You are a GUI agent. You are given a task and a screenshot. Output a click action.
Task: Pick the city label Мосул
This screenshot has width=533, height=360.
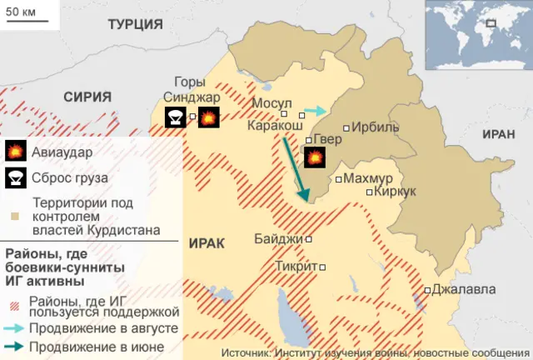click(x=271, y=103)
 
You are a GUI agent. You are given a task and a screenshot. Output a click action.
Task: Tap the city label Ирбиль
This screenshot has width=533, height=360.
click(x=376, y=127)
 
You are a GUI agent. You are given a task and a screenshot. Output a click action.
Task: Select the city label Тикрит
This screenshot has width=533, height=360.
click(x=296, y=267)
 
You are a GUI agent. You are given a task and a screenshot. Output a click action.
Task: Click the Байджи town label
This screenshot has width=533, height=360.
click(x=279, y=239)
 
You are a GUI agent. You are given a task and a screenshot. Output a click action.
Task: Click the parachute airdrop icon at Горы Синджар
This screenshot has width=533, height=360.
click(x=176, y=117)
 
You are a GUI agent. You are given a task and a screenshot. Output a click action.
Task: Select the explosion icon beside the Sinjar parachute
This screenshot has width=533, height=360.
click(x=208, y=117)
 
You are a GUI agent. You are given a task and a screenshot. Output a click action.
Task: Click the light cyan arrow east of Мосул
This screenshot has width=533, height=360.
click(x=315, y=110)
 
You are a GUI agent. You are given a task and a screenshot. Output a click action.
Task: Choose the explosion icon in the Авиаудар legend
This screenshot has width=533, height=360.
click(x=15, y=152)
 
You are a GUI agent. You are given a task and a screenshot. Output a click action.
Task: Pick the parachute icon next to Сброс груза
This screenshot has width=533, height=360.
click(x=15, y=177)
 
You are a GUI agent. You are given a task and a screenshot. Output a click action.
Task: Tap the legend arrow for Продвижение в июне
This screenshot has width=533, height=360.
click(x=15, y=343)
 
